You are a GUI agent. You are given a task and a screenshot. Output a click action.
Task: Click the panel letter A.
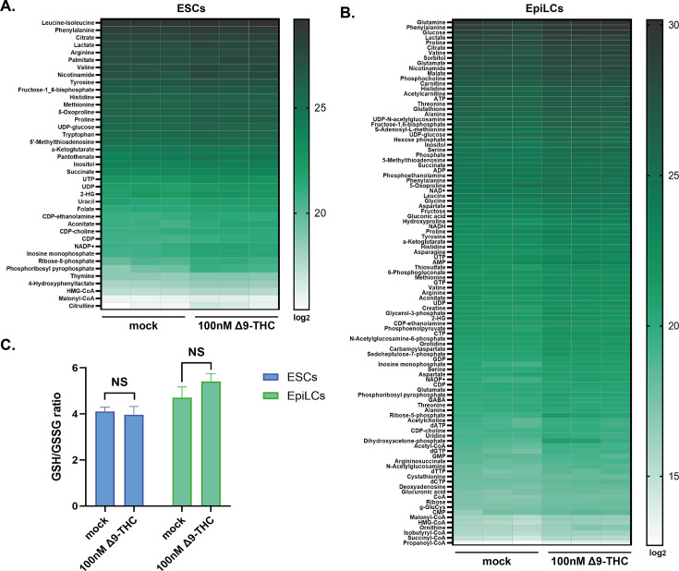point(8,8)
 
